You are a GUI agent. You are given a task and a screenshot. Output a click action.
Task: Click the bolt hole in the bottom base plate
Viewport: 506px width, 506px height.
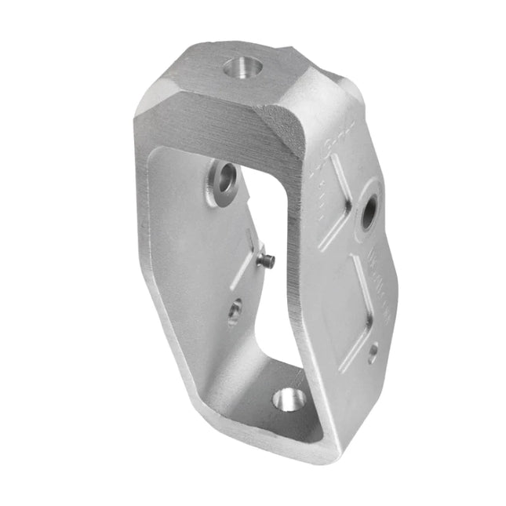point(288,399)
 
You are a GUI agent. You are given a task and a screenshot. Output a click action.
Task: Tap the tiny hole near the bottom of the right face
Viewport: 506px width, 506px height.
point(373,351)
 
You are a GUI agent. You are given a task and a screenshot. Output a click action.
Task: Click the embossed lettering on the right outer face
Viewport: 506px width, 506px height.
point(384,282)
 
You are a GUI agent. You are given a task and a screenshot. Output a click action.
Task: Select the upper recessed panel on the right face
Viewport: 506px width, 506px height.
point(337,192)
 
